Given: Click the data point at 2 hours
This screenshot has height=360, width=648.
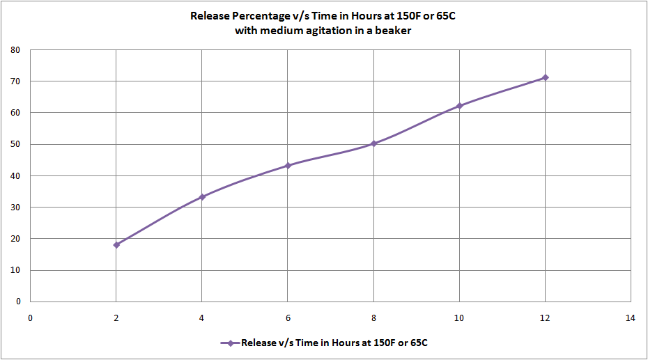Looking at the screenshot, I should pyautogui.click(x=116, y=244).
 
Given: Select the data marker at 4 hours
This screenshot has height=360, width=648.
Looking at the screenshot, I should pyautogui.click(x=202, y=197).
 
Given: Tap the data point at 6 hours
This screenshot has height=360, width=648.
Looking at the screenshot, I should pyautogui.click(x=288, y=166).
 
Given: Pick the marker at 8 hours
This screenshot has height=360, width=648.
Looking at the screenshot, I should pyautogui.click(x=373, y=143).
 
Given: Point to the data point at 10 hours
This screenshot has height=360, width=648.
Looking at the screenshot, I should pyautogui.click(x=459, y=106).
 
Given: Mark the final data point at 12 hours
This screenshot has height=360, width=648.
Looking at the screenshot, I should pyautogui.click(x=545, y=77).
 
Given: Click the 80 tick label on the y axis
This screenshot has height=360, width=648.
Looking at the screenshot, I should pyautogui.click(x=15, y=50).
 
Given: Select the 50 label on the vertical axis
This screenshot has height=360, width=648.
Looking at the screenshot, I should pyautogui.click(x=15, y=144).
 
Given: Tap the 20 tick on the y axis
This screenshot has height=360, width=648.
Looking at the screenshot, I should pyautogui.click(x=15, y=239).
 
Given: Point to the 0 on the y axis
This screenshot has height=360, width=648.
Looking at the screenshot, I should pyautogui.click(x=18, y=302).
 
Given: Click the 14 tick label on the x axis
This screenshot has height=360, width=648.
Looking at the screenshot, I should pyautogui.click(x=631, y=318).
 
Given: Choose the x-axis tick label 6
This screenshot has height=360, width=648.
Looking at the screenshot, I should pyautogui.click(x=288, y=318).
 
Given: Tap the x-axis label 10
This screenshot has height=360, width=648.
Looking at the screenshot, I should pyautogui.click(x=459, y=318).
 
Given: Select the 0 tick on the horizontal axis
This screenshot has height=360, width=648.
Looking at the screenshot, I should pyautogui.click(x=31, y=318).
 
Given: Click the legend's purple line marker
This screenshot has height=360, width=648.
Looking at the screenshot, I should pyautogui.click(x=229, y=343).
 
